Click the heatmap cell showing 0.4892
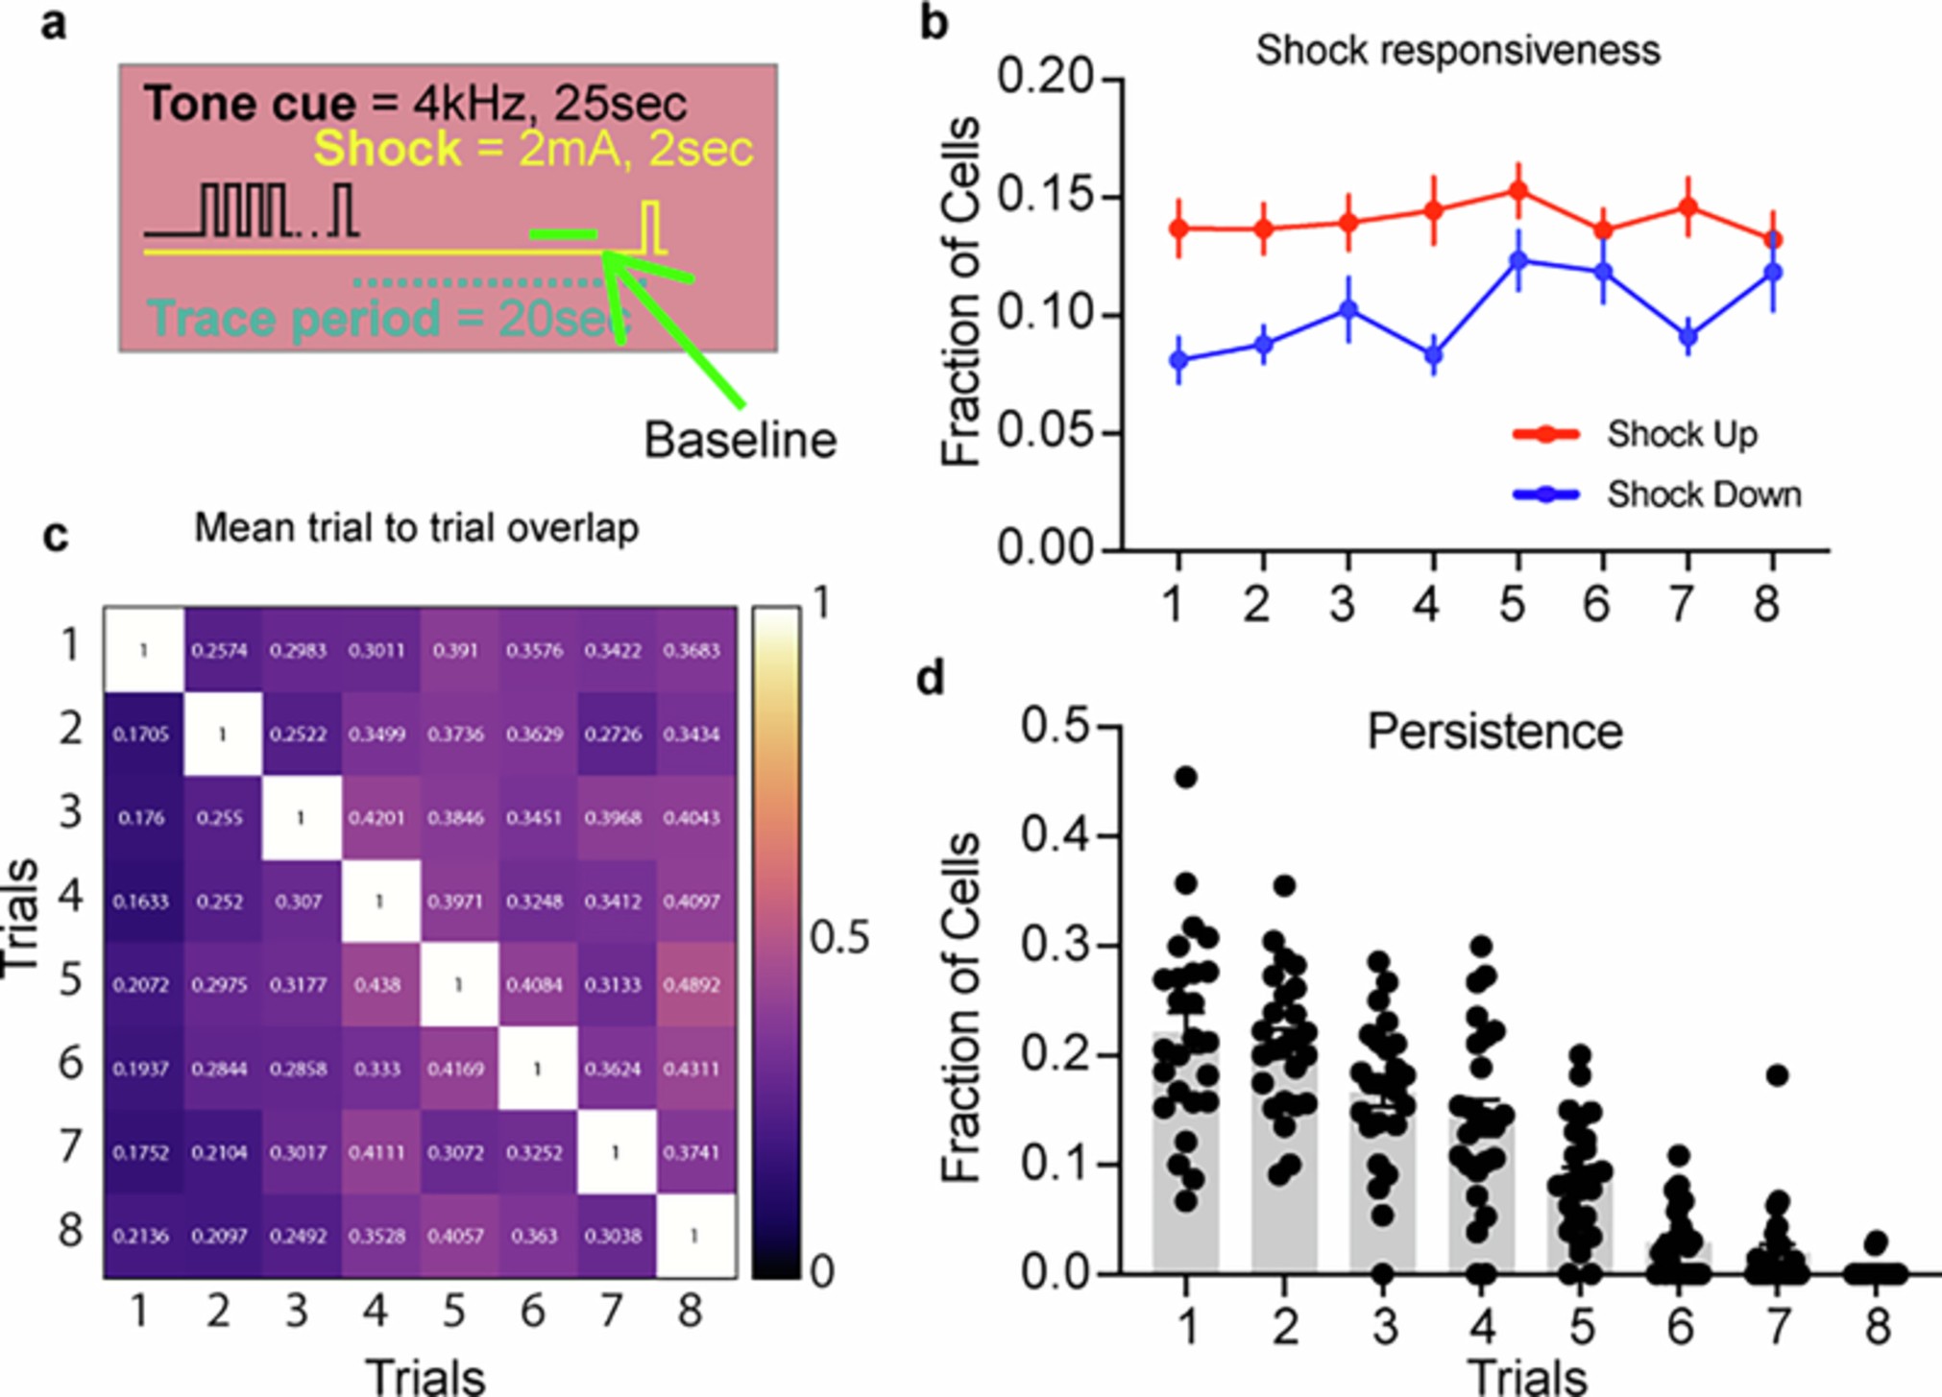coord(692,985)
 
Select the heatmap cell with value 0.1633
coord(141,902)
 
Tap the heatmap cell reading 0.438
coord(377,985)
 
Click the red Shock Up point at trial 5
coord(1518,190)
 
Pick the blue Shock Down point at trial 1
coord(1179,360)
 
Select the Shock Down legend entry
coord(1703,494)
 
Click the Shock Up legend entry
coord(1681,434)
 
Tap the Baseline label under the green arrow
coord(740,441)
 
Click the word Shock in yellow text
coord(387,149)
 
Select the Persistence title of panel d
coord(1494,732)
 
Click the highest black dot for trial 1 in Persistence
coord(1186,777)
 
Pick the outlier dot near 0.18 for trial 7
coord(1777,1075)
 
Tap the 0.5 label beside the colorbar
coord(839,938)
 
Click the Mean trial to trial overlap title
coord(416,528)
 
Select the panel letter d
coord(931,678)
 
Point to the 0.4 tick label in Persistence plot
coord(1056,834)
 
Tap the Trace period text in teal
coord(294,318)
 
